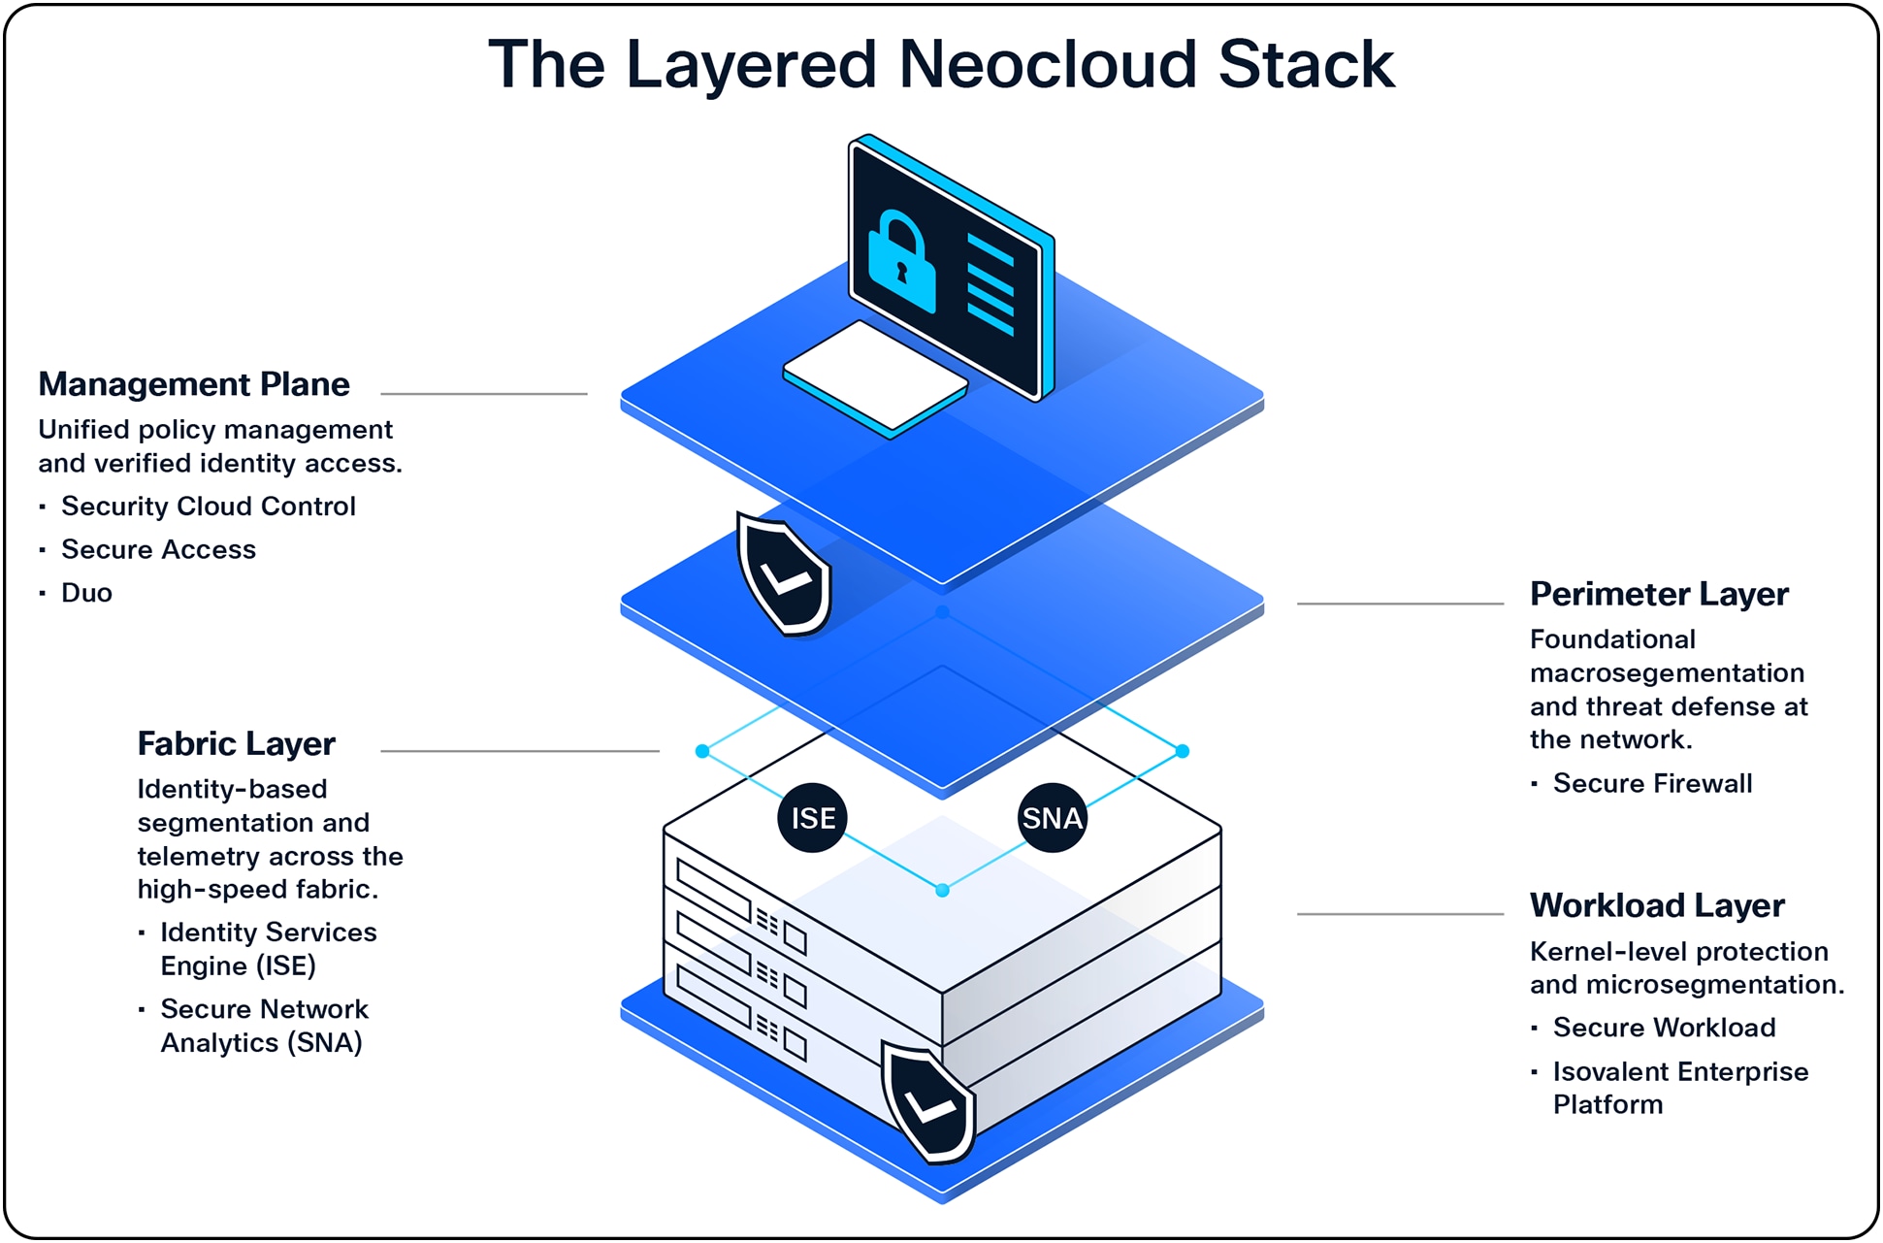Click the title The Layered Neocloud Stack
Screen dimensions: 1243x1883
tap(940, 65)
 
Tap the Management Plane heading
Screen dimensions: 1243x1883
tap(194, 385)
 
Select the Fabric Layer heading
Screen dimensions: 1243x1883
tap(236, 744)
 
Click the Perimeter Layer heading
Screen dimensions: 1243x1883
tap(1658, 594)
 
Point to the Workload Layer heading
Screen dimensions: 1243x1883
tap(1656, 905)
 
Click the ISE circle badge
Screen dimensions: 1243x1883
tap(812, 818)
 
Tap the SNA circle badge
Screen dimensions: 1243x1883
tap(1052, 818)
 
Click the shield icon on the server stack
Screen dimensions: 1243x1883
tap(928, 1103)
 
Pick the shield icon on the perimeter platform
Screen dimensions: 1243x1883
tap(784, 575)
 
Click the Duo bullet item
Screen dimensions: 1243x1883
tap(86, 593)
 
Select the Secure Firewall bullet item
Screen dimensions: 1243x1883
tap(1651, 784)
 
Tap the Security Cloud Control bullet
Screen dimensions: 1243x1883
tap(208, 507)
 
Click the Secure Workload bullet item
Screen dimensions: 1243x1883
tap(1663, 1028)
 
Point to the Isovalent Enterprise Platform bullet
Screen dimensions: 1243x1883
tap(1679, 1088)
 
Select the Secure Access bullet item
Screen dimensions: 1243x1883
tap(158, 550)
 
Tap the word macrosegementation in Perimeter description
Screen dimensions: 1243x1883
tap(1666, 673)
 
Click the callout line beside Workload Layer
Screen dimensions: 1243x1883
tap(1399, 914)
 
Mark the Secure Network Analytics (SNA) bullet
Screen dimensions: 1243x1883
tap(263, 1026)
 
